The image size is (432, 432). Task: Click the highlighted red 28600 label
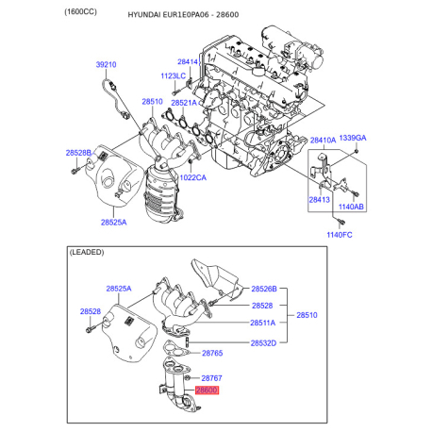[206, 390]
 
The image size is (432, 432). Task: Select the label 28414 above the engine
[189, 62]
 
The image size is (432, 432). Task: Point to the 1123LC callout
[174, 75]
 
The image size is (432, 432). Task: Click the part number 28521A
[185, 102]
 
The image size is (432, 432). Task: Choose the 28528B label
[79, 152]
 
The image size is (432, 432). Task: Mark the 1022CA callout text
[194, 177]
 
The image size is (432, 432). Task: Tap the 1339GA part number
[353, 138]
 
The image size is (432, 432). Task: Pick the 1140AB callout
[351, 207]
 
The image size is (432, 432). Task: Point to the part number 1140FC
[339, 234]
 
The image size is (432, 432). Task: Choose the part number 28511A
[263, 323]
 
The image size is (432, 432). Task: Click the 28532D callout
[263, 341]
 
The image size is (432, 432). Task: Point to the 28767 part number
[211, 377]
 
